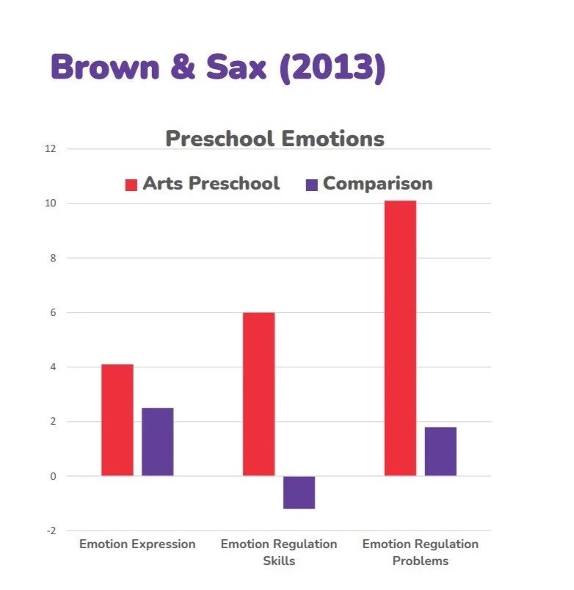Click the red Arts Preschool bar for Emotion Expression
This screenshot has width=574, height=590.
point(117,420)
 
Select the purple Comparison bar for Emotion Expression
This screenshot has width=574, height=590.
point(158,442)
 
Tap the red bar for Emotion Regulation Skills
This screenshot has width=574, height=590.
point(258,394)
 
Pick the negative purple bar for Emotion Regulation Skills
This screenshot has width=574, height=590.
point(299,492)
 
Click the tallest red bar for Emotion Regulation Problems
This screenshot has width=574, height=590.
point(400,338)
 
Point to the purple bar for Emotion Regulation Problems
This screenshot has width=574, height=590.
point(440,451)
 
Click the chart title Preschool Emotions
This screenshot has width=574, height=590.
point(275,139)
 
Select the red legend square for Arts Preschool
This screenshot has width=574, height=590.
point(131,184)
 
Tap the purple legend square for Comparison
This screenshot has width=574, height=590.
point(312,184)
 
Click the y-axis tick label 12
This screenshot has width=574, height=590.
point(50,149)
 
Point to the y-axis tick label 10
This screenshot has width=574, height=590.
point(50,204)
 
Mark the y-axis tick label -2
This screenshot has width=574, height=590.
point(51,530)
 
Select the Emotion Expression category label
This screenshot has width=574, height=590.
point(137,544)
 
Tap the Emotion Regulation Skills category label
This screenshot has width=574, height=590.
point(279,553)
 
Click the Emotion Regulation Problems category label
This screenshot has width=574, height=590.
point(421,553)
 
